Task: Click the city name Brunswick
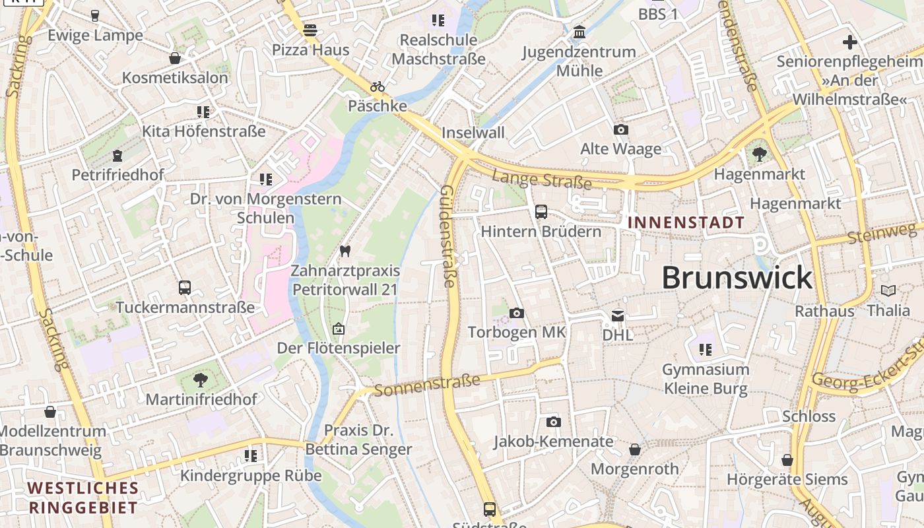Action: pyautogui.click(x=737, y=278)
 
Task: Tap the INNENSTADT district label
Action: pyautogui.click(x=686, y=222)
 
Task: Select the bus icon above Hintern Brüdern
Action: pyautogui.click(x=541, y=212)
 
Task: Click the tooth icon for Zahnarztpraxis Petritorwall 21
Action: pyautogui.click(x=345, y=251)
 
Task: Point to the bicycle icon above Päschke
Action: pyautogui.click(x=378, y=86)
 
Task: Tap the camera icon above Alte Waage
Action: pyautogui.click(x=620, y=129)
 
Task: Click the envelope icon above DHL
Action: pyautogui.click(x=618, y=316)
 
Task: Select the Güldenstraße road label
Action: pyautogui.click(x=447, y=236)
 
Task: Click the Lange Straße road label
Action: pyautogui.click(x=541, y=179)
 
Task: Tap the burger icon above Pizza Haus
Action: pyautogui.click(x=310, y=30)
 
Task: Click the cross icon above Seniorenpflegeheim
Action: pyautogui.click(x=850, y=42)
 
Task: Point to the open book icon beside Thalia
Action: pyautogui.click(x=888, y=290)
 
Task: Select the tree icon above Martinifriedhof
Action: pyautogui.click(x=201, y=379)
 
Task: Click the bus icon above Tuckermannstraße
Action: pyautogui.click(x=185, y=288)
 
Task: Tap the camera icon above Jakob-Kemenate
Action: pyautogui.click(x=554, y=422)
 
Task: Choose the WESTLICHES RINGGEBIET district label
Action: pyautogui.click(x=83, y=498)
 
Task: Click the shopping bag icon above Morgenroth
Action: pyautogui.click(x=635, y=449)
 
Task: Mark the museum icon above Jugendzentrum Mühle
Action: pyautogui.click(x=579, y=32)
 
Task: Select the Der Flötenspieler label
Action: pyautogui.click(x=339, y=348)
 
